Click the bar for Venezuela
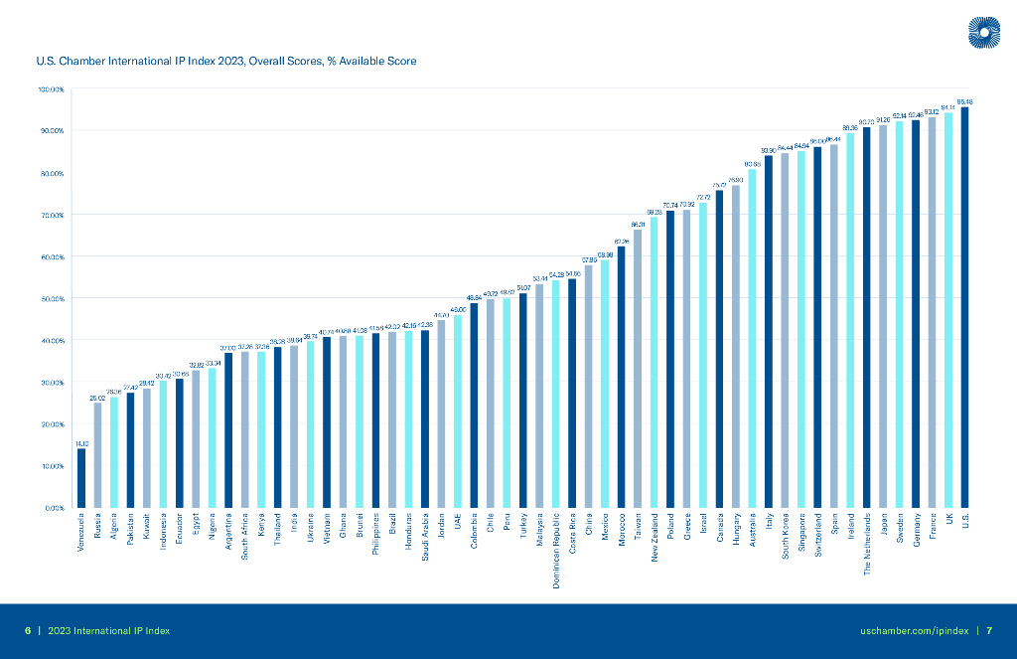click(x=81, y=478)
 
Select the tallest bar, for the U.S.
click(x=964, y=308)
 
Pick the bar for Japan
click(x=883, y=316)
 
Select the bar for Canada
click(x=719, y=348)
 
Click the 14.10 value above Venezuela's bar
click(x=81, y=443)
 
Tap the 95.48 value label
click(x=964, y=101)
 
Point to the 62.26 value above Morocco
click(x=621, y=242)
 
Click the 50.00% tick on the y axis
click(x=51, y=299)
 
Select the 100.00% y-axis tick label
click(x=51, y=90)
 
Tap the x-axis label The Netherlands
click(x=866, y=544)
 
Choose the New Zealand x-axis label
click(x=654, y=538)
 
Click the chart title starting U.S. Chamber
click(x=225, y=62)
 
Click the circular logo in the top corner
click(x=983, y=33)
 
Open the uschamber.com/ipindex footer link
click(x=914, y=631)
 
